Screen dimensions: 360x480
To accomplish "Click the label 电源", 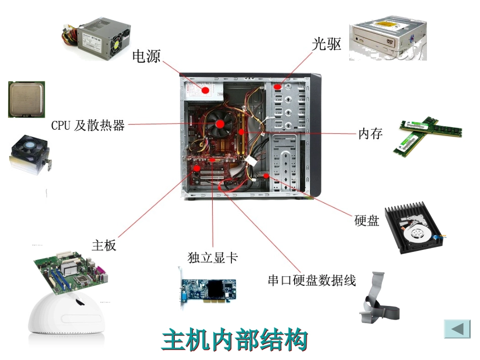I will click(x=147, y=56).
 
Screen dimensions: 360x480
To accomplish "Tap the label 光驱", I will click(x=326, y=44).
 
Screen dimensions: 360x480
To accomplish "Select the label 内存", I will click(x=370, y=134).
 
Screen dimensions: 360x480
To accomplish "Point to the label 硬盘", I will click(x=367, y=221).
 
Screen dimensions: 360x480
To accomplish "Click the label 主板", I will click(x=104, y=245).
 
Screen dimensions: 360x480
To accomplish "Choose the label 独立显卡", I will click(x=212, y=258).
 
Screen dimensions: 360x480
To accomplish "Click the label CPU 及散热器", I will click(x=88, y=126).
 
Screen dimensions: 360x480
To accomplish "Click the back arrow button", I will click(x=457, y=329).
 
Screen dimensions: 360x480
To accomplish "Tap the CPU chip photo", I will click(x=26, y=99).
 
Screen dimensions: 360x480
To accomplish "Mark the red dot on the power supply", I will click(x=205, y=90).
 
